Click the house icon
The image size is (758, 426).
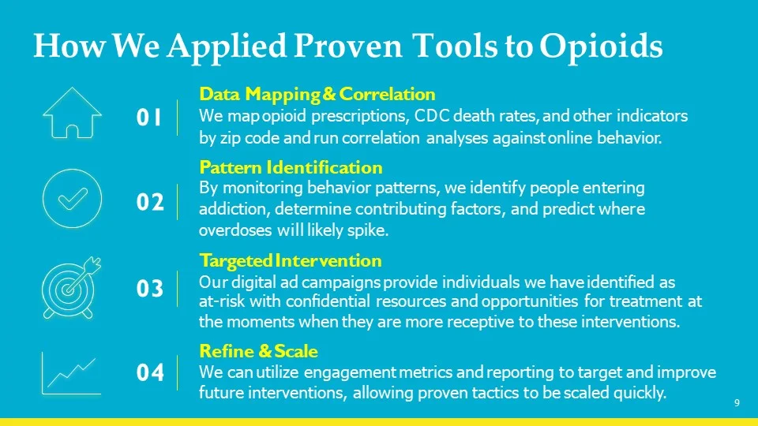(71, 113)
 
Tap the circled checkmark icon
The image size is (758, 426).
(71, 199)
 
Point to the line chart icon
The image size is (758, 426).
(71, 372)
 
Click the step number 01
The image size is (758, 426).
(149, 118)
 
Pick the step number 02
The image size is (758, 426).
(149, 203)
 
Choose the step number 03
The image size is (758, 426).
(149, 289)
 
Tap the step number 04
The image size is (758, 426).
(149, 372)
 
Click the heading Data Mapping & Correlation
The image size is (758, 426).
(317, 95)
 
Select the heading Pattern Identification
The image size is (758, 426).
(291, 167)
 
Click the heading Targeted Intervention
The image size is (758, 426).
(291, 260)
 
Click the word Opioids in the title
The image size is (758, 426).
(602, 47)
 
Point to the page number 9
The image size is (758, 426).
(736, 404)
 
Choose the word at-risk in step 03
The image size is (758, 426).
(217, 301)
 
